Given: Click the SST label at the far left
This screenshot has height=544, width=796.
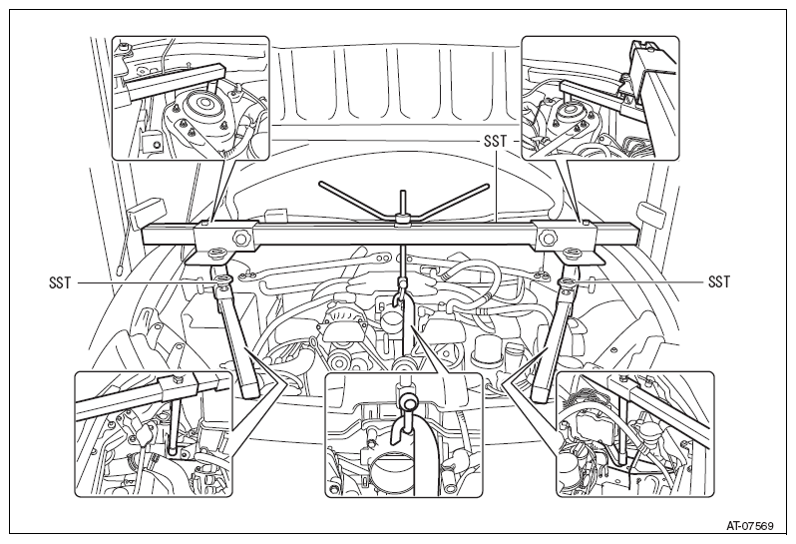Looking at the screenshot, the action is (60, 281).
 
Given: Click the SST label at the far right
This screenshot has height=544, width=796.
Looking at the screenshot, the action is (719, 281).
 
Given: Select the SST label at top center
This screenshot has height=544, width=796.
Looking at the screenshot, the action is (495, 141).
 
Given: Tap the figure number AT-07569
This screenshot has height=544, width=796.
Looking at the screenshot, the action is (749, 526).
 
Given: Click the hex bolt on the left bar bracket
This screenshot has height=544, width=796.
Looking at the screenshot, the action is (240, 237).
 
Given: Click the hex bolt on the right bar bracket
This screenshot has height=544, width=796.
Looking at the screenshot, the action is (547, 237).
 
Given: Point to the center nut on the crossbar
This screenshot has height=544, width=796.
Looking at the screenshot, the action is (403, 220).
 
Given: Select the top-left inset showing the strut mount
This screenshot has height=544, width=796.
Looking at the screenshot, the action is (191, 98).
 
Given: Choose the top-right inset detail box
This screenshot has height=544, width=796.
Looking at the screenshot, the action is (600, 98).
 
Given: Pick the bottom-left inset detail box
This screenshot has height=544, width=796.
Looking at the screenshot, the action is (154, 434).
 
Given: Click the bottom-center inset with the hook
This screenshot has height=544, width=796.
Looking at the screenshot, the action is (404, 434).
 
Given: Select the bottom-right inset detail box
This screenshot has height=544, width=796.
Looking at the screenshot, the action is (635, 434).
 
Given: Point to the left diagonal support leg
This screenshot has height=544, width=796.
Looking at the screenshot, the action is (236, 335).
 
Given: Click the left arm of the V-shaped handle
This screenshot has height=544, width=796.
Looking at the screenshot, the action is (357, 200).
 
